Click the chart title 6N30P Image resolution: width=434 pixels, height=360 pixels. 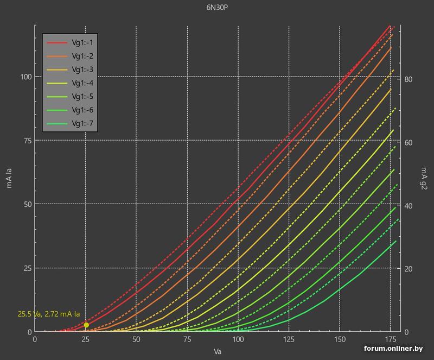point(216,8)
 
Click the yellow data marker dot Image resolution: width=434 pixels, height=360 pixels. point(86,325)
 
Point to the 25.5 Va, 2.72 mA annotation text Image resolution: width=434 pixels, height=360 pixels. point(49,314)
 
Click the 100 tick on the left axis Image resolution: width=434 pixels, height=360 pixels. point(26,77)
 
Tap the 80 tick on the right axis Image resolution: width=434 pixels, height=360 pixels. point(409,79)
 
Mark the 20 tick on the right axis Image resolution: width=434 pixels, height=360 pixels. point(409,269)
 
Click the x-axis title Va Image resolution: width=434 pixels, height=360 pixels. point(218,351)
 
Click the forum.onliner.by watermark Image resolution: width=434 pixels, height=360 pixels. point(393,349)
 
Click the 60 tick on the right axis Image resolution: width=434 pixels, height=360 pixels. point(409,142)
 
